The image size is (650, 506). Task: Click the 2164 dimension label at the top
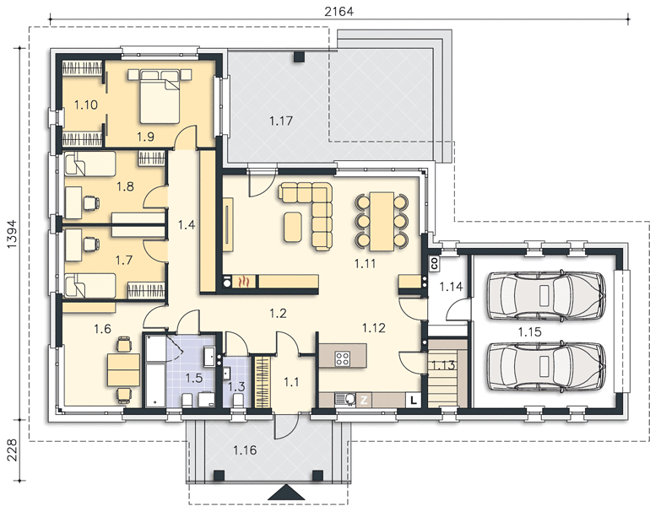[x=339, y=11]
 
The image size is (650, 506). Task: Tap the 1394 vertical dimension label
[x=12, y=234]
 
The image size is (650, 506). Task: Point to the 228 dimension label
[x=12, y=450]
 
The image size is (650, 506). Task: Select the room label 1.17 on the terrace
[x=281, y=121]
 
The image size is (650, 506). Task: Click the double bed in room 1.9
[x=160, y=96]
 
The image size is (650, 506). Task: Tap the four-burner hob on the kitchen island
[x=343, y=358]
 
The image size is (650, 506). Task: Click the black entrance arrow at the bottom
[x=286, y=493]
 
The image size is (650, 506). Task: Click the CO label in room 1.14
[x=435, y=264]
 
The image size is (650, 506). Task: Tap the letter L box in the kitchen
[x=414, y=400]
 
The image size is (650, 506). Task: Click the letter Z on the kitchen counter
[x=364, y=401]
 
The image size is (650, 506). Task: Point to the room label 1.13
[x=443, y=365]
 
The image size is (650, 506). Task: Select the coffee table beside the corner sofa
[x=293, y=227]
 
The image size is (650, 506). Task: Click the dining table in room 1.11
[x=382, y=221]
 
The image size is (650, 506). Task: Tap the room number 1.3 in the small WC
[x=236, y=387]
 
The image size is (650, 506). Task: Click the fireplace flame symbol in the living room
[x=245, y=282]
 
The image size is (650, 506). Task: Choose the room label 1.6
[x=102, y=329]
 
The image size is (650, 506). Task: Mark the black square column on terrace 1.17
[x=299, y=57]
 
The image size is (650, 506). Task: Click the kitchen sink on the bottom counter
[x=345, y=399]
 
